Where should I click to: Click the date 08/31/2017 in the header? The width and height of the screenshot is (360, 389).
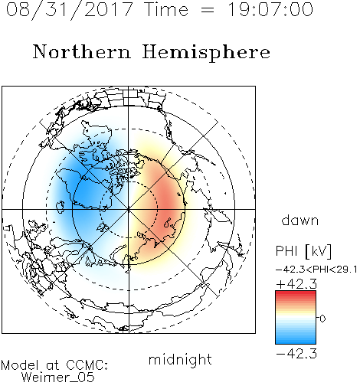click(70, 10)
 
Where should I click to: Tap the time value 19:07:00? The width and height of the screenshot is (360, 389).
click(270, 9)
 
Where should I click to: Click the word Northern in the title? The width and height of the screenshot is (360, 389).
click(82, 51)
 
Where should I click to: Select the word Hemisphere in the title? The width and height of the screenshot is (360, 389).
click(206, 53)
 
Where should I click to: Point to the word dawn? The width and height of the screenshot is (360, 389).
click(300, 220)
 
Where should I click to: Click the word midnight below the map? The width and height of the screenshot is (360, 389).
click(180, 359)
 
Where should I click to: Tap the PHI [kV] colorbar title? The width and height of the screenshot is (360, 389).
click(303, 251)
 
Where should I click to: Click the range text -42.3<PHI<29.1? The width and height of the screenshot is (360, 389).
click(316, 270)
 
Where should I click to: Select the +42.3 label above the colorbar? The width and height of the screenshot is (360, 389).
click(296, 284)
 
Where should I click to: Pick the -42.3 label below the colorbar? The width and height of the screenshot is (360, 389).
click(296, 354)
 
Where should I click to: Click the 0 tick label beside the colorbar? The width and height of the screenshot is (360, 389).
click(322, 319)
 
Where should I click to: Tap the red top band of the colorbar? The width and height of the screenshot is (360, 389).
click(296, 294)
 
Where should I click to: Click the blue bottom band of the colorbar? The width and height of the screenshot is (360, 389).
click(296, 341)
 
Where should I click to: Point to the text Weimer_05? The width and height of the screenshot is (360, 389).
click(58, 378)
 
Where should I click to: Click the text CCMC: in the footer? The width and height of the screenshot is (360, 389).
click(87, 365)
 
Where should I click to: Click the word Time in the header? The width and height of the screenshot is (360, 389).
click(166, 9)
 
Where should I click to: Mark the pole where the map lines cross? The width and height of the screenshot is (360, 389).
click(129, 209)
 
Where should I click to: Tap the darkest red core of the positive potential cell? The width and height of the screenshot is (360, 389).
click(167, 204)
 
